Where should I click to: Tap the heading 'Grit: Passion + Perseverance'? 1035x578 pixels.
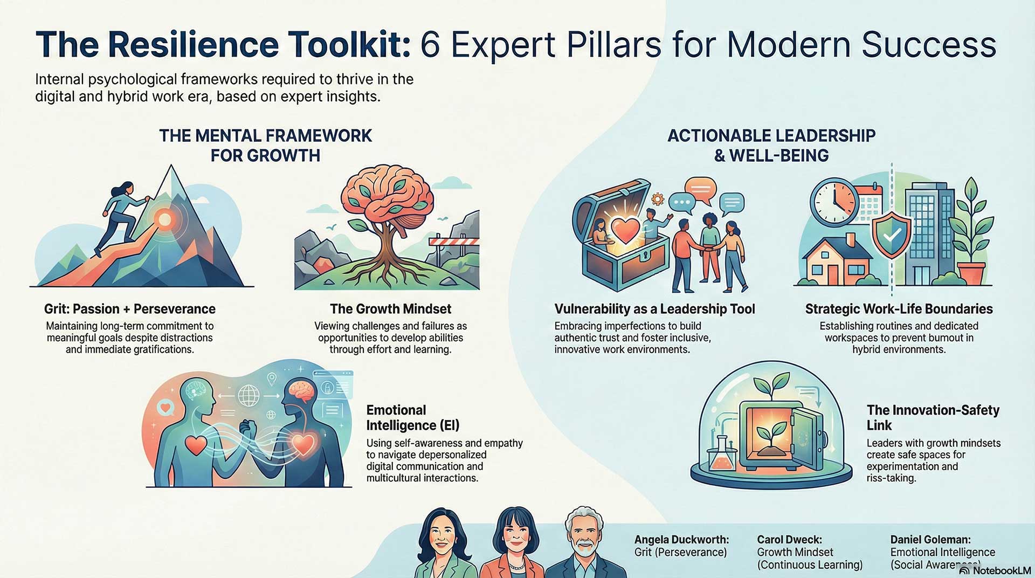click(130, 309)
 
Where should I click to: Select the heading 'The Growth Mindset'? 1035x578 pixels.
click(391, 309)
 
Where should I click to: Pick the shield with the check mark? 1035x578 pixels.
click(892, 236)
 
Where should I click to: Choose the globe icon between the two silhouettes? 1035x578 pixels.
click(249, 395)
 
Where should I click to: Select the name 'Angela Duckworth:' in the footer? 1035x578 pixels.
click(681, 540)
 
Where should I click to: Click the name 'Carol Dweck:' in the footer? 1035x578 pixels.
click(789, 540)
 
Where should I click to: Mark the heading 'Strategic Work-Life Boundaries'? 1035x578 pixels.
click(899, 309)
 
